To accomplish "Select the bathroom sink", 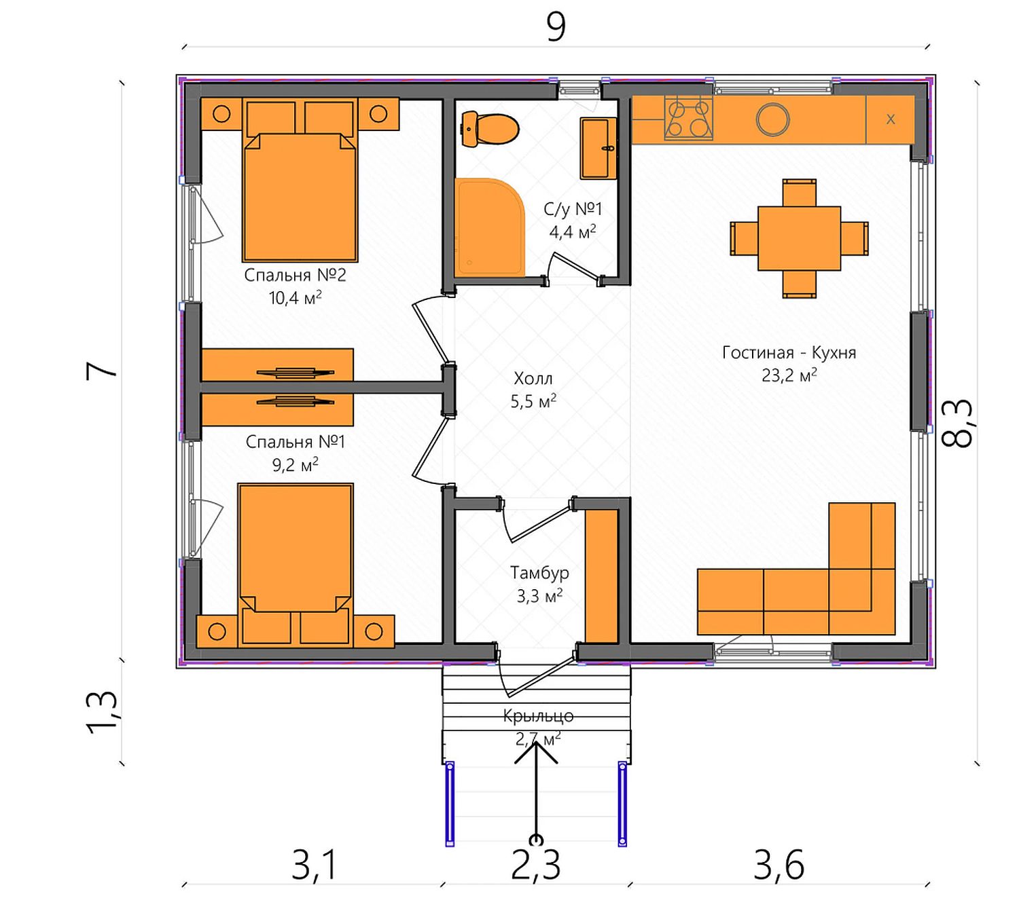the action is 598,148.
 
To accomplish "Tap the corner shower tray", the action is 489,227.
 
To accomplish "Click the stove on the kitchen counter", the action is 688,119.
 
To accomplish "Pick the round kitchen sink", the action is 772,119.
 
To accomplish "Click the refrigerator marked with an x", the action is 890,119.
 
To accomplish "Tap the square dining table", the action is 799,238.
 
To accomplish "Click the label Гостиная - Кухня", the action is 789,352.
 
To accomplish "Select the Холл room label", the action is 533,378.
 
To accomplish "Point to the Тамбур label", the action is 539,572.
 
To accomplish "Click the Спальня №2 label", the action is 296,275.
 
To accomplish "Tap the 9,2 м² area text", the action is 296,464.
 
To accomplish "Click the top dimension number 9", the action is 556,27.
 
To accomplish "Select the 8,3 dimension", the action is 957,423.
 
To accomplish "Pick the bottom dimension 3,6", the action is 779,865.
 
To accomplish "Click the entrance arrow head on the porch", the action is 536,752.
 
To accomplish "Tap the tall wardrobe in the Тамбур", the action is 601,576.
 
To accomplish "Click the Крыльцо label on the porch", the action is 538,715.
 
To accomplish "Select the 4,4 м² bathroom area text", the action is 573,231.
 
